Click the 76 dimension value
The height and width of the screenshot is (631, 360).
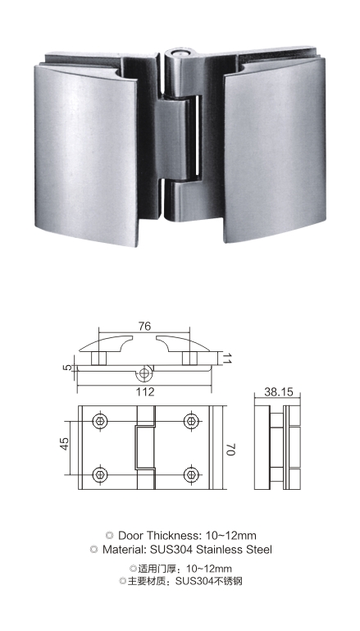(x=144, y=326)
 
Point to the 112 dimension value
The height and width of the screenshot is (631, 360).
(x=145, y=391)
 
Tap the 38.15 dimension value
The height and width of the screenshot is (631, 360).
(x=279, y=391)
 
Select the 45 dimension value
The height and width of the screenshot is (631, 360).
(x=64, y=443)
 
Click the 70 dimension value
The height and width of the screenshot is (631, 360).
(x=230, y=450)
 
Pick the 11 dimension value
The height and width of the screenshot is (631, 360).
(x=227, y=358)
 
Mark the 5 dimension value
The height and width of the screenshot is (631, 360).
(x=67, y=367)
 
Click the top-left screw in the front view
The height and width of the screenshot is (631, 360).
(x=100, y=421)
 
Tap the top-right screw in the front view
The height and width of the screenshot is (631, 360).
(x=192, y=421)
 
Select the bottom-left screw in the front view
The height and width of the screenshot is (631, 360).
(x=100, y=475)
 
